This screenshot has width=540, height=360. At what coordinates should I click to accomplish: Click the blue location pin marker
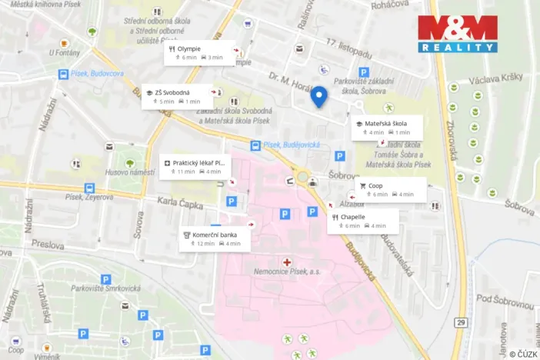coord(318,97)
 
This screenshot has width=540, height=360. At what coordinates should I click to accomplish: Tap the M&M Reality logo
coord(457,33)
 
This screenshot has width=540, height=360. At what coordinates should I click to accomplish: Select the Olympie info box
coord(196,52)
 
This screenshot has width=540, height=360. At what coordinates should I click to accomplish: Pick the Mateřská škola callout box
coord(387,127)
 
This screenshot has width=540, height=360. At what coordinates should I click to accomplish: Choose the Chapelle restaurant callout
coord(364,221)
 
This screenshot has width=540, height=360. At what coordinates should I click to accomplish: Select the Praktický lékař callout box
coord(195,167)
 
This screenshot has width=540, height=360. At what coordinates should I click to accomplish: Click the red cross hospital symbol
coord(288,262)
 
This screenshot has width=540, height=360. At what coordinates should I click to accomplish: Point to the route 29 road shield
coord(460,322)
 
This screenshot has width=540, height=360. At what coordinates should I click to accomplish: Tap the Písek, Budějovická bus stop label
coord(289,144)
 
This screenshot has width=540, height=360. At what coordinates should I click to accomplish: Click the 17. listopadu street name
coord(348,48)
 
